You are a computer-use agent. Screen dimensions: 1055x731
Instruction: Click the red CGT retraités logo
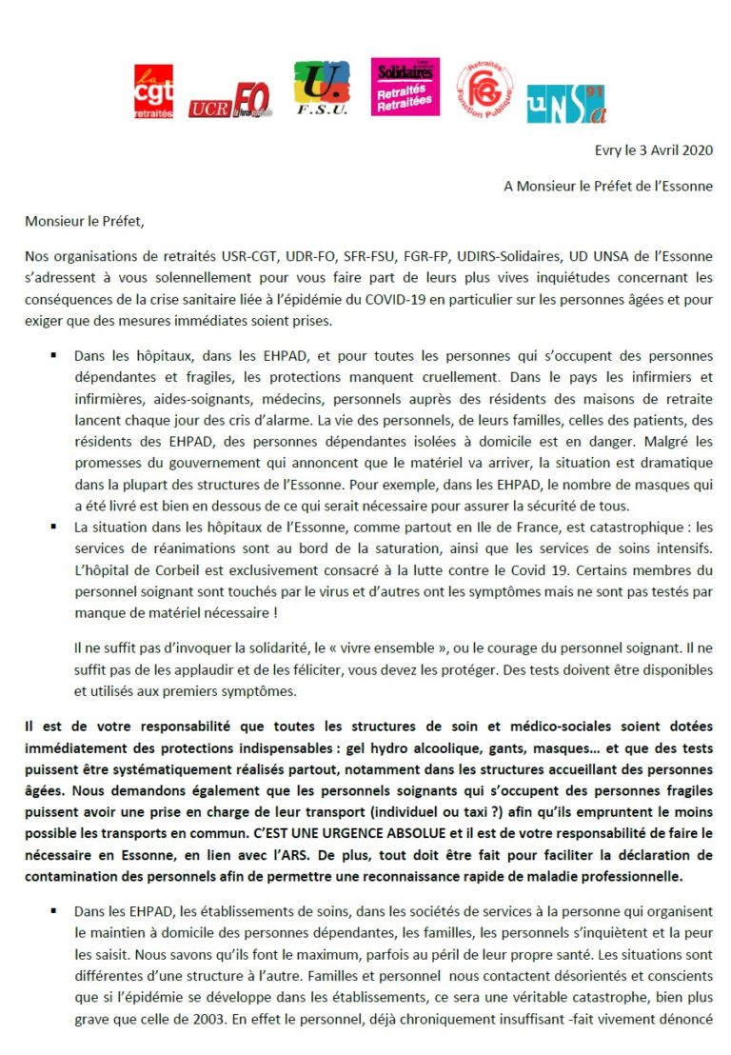153,91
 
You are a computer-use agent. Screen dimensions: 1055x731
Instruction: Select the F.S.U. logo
322,88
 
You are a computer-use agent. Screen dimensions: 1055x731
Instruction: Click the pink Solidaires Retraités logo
405,87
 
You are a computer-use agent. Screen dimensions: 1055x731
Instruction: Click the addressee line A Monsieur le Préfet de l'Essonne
608,187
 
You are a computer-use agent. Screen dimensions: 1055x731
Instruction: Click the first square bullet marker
52,355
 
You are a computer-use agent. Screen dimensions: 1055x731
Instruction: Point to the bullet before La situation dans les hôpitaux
52,527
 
